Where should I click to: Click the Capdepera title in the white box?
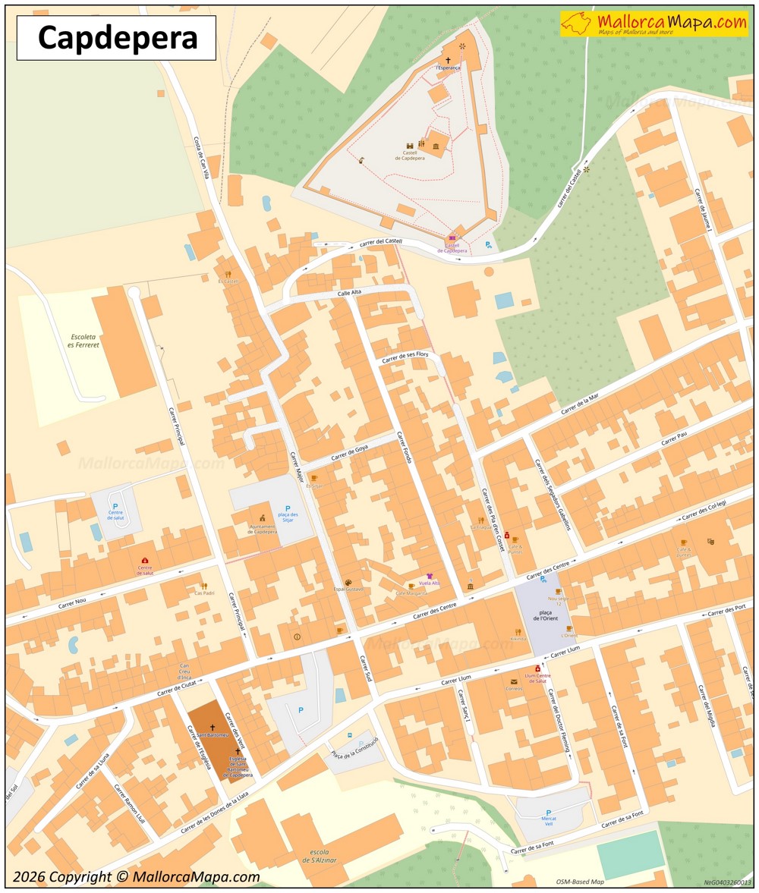(117, 38)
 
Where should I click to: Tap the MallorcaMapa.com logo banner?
(654, 24)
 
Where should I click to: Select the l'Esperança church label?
(448, 68)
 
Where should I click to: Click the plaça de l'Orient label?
(545, 615)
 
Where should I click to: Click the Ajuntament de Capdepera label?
(262, 529)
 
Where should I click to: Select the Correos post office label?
(514, 688)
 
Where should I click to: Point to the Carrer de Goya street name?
(349, 452)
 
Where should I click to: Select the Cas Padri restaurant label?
(204, 593)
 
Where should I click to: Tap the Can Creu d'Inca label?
(184, 671)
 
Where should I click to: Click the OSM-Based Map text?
(579, 882)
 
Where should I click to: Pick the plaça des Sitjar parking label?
(287, 514)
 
